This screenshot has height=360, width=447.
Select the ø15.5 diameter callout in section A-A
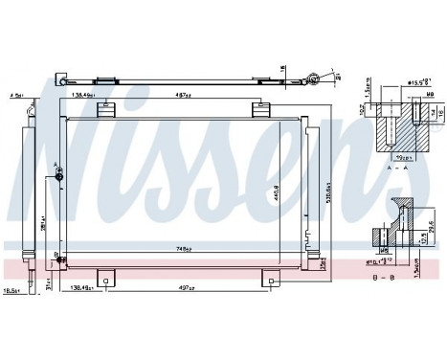(x=414, y=82)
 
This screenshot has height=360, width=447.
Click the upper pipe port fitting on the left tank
(x=59, y=175)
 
